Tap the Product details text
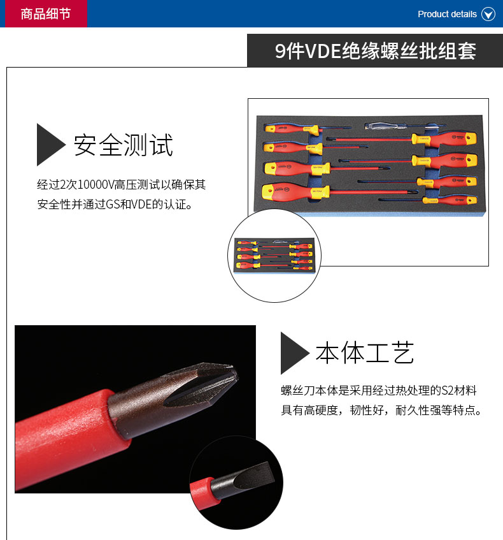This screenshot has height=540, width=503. coord(447,14)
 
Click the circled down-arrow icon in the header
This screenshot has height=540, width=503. coord(488,14)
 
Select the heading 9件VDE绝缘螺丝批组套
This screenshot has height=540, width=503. coord(376,51)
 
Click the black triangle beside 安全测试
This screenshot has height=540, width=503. coord(50,145)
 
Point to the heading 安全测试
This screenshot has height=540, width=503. coord(123,145)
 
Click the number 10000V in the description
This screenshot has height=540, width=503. coord(96,185)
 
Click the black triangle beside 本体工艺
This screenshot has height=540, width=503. coord(294,353)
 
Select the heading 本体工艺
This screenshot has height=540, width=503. coord(365,353)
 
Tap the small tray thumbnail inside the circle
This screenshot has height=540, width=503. coord(274,255)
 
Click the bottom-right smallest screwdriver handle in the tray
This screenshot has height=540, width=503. coord(450,200)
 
